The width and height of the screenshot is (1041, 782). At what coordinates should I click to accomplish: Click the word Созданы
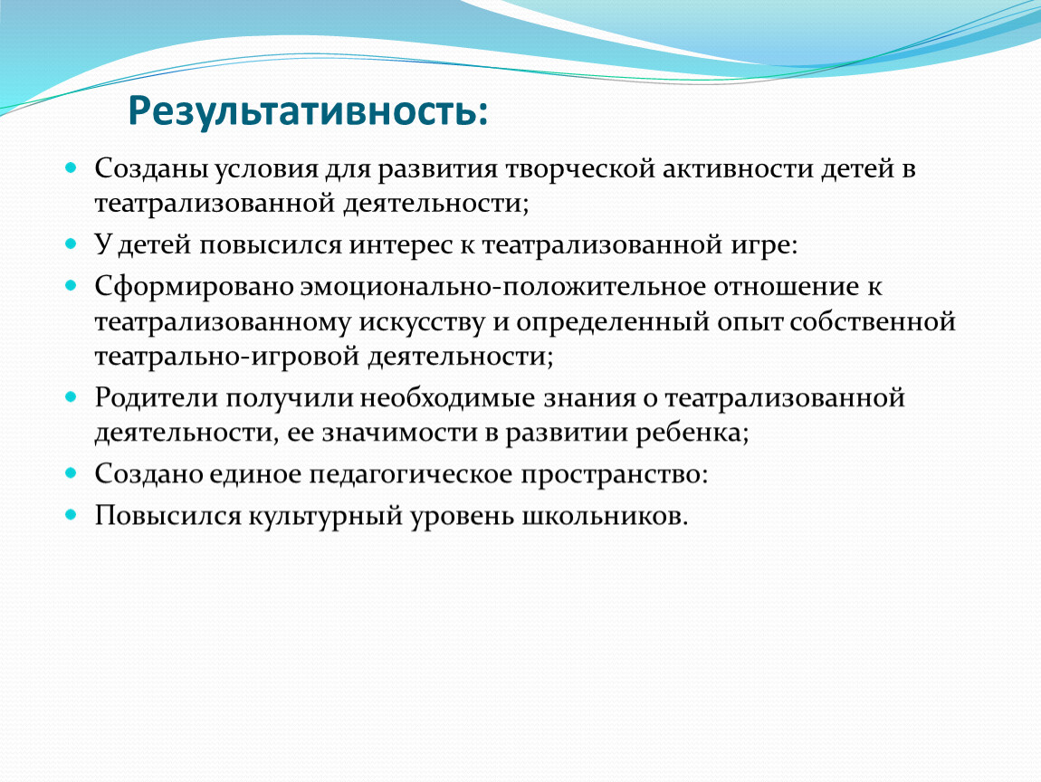click(150, 169)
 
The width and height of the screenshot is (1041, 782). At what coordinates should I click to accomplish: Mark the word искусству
click(422, 322)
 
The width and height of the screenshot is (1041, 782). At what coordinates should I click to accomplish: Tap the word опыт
click(750, 322)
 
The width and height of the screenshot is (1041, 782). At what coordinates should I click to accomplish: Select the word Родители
click(156, 398)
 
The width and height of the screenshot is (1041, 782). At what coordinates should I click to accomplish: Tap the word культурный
click(325, 517)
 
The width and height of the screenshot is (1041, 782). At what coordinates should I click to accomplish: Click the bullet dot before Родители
click(71, 397)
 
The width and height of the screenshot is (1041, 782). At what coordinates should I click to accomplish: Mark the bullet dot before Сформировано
click(71, 286)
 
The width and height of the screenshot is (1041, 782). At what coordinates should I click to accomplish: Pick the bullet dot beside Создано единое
click(71, 473)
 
